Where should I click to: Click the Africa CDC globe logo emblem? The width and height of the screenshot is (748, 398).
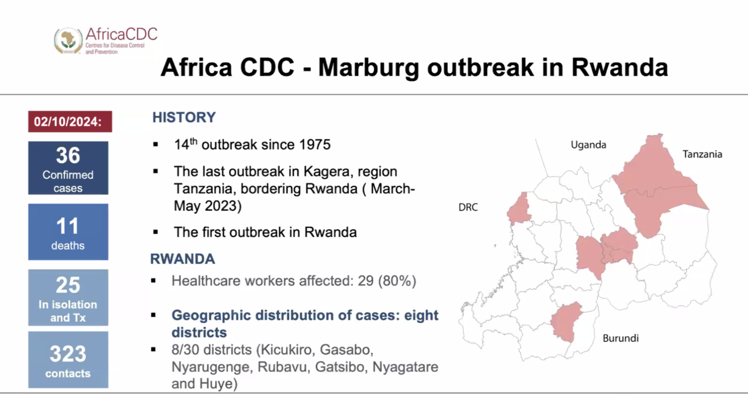tap(68, 41)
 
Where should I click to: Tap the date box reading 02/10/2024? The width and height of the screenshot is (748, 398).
tap(70, 121)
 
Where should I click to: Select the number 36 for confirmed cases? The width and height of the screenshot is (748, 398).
tap(68, 155)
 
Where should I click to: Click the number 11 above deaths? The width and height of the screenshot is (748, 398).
tap(68, 226)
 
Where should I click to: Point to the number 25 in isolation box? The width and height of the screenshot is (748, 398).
tap(68, 285)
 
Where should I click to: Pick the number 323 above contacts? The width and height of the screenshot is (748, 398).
tap(68, 354)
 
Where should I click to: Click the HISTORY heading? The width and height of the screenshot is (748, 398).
tap(184, 117)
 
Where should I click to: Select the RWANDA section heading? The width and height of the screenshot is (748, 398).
tap(182, 259)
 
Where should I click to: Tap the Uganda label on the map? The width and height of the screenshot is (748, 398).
tap(588, 145)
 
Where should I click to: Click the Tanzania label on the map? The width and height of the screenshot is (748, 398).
tap(702, 154)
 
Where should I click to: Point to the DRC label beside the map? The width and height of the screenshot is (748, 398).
tap(468, 207)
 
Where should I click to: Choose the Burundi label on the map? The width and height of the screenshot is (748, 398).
tap(620, 338)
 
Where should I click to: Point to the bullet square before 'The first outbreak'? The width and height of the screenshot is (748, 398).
tap(156, 232)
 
